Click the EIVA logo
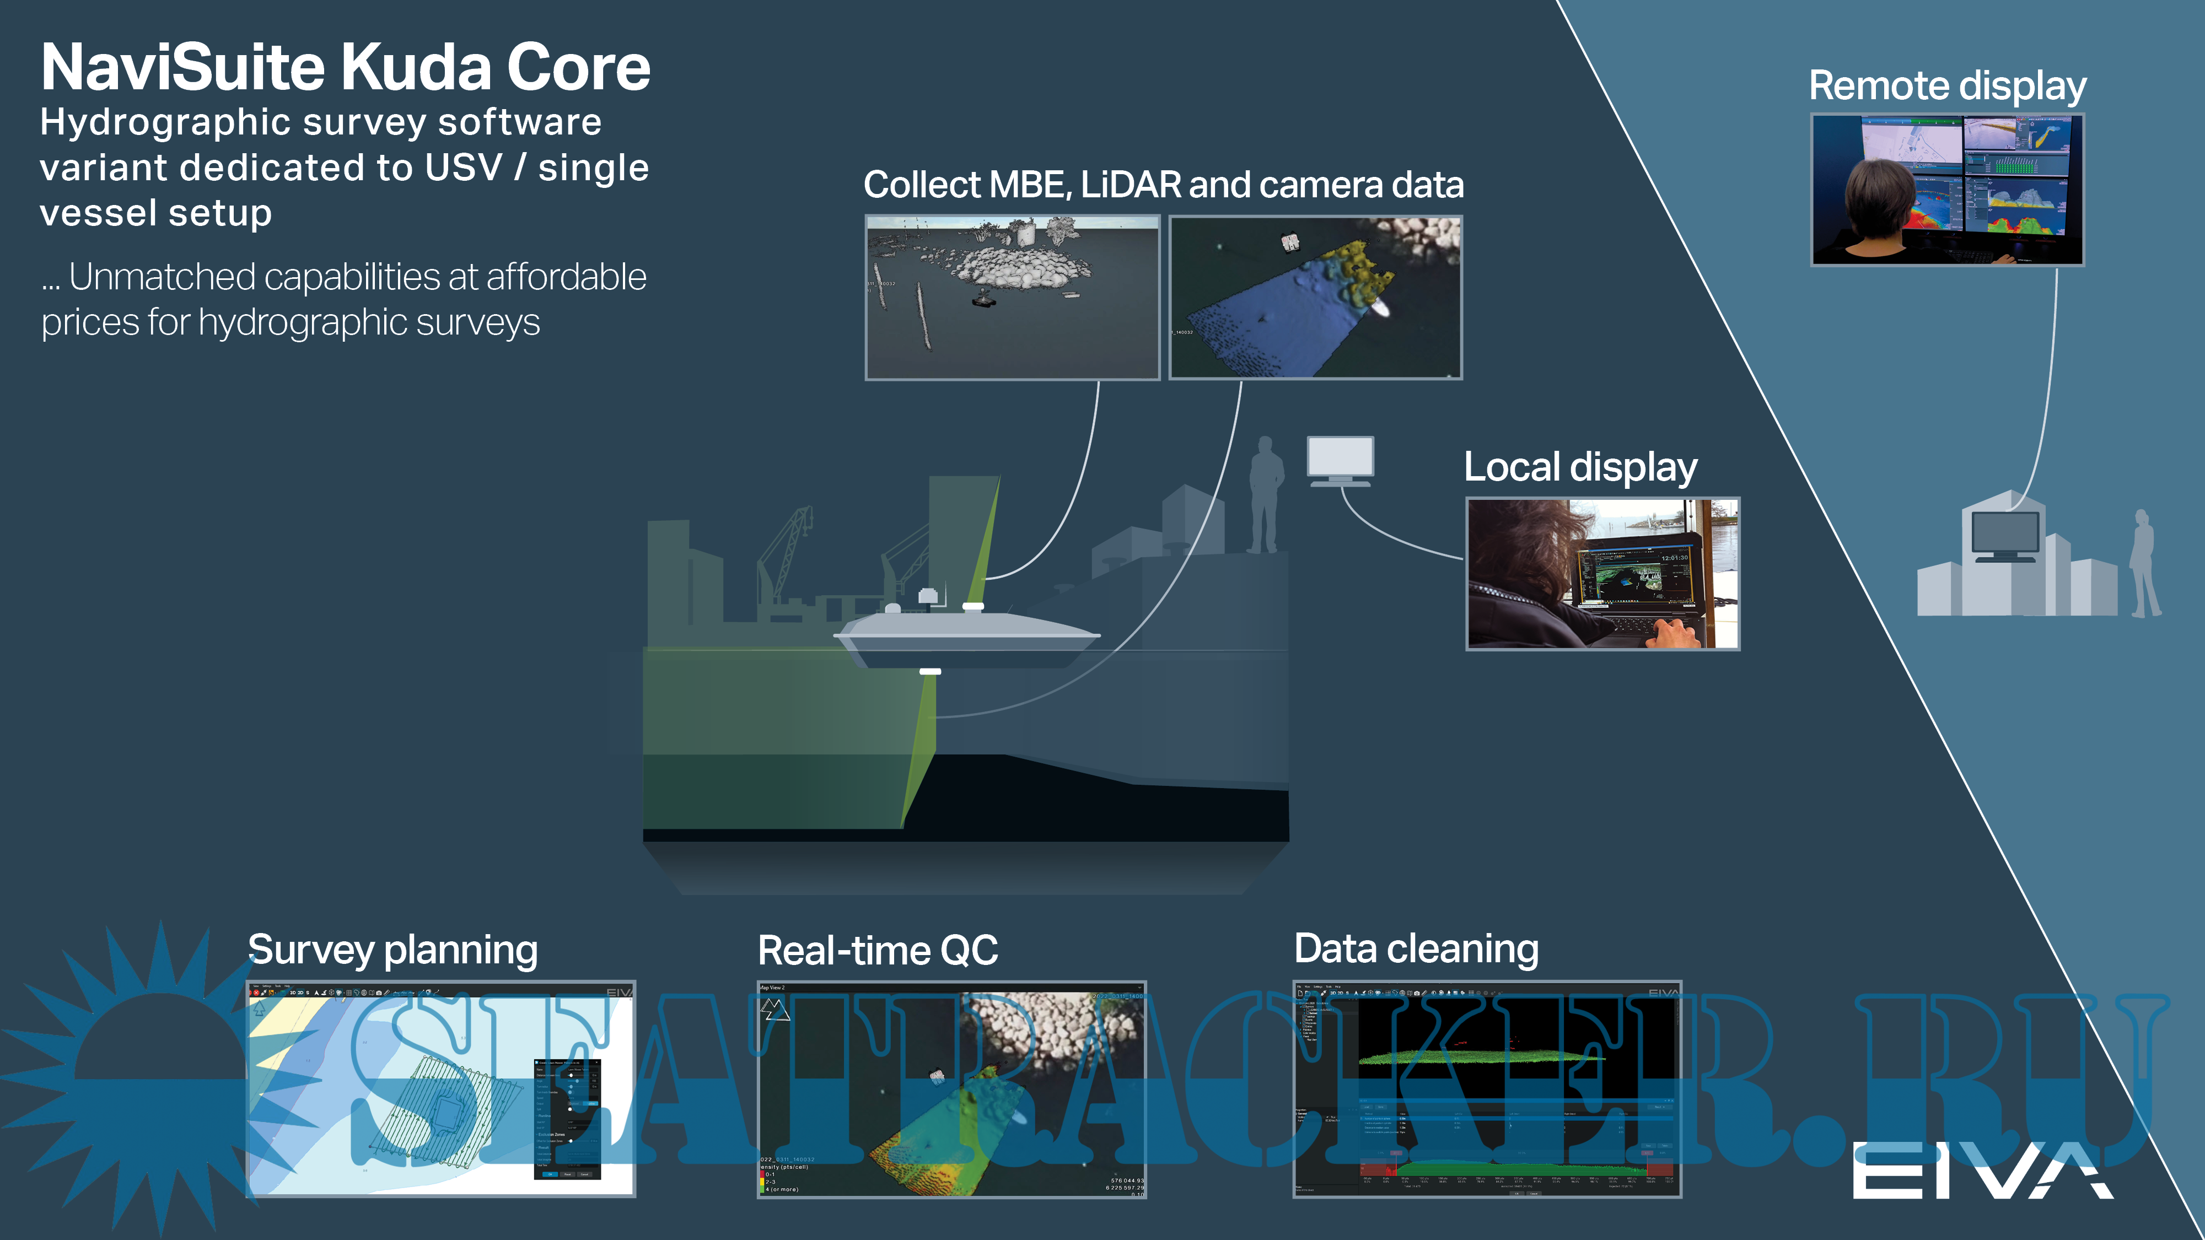(x=1982, y=1170)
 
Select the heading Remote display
(x=1948, y=87)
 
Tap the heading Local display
(x=1580, y=468)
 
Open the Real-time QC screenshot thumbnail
(x=951, y=1090)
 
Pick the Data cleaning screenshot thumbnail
(x=1487, y=1090)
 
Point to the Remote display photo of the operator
(x=1948, y=189)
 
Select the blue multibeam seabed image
(x=1316, y=297)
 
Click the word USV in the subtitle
(x=463, y=168)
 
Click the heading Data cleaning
(x=1416, y=949)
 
